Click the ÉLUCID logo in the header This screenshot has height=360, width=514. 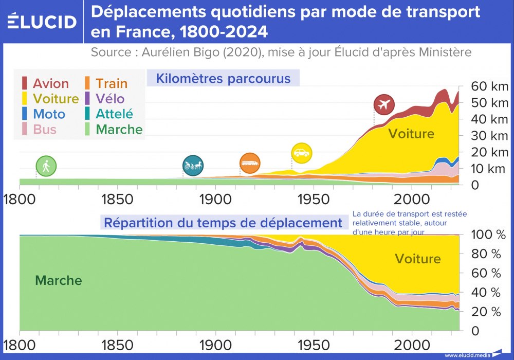[x=42, y=21]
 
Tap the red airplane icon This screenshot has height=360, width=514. [x=383, y=105]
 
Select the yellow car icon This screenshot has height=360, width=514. [x=301, y=153]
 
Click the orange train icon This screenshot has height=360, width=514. [x=250, y=163]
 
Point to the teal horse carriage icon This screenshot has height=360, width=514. [x=193, y=165]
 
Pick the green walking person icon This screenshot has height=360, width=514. [x=46, y=166]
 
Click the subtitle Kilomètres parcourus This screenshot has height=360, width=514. [x=223, y=79]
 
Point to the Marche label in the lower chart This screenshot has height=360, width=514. [x=58, y=280]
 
